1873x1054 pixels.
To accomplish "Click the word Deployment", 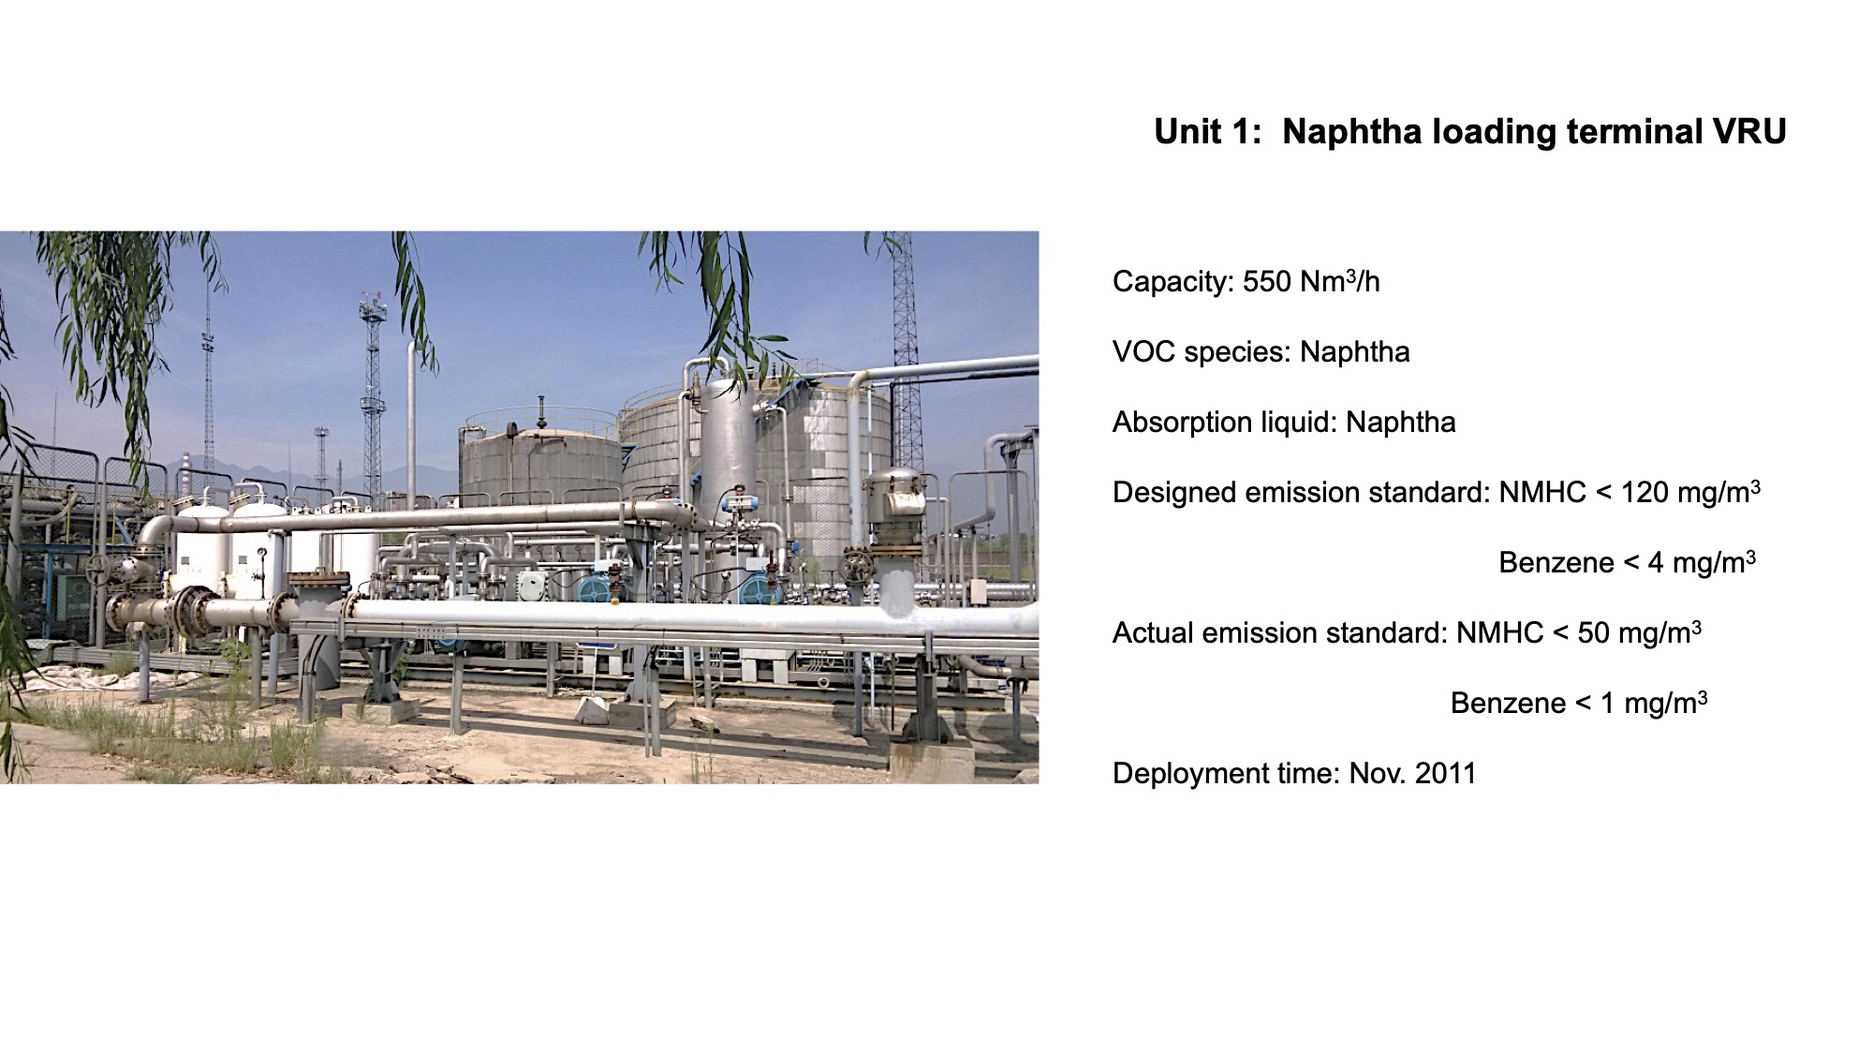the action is tap(1181, 775).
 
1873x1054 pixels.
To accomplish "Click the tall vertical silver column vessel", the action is tap(729, 468).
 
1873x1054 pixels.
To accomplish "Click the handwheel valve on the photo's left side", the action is tap(97, 569).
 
